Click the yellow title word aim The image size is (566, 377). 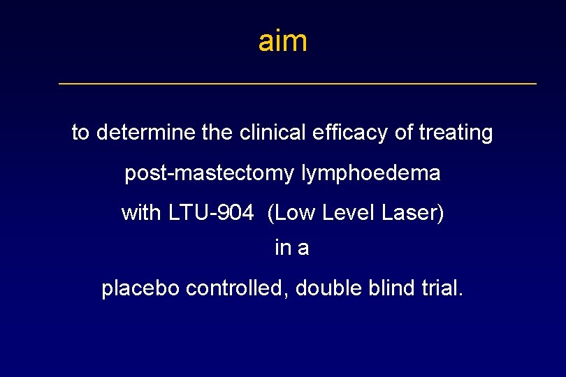282,41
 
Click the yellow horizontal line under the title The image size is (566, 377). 298,84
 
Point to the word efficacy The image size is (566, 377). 347,133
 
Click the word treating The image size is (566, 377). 456,133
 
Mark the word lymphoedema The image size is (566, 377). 371,173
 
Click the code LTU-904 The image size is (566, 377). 211,213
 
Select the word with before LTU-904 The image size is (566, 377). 141,213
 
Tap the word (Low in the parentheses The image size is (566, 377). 291,213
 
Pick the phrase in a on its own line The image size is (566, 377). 291,249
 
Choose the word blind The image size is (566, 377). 390,288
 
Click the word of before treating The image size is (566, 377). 404,133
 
